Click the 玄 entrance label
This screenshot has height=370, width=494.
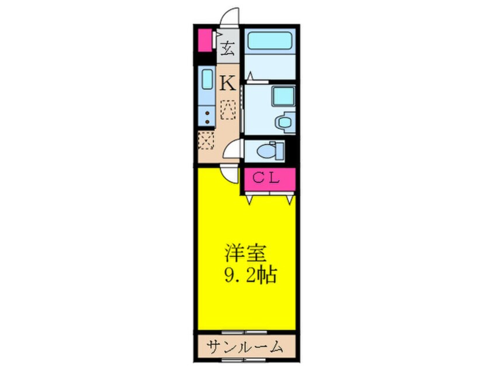[x=228, y=49]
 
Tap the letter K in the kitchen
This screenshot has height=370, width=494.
[x=228, y=83]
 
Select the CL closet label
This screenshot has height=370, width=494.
[x=266, y=178]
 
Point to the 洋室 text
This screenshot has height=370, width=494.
[x=246, y=253]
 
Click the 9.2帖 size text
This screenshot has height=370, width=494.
[x=251, y=275]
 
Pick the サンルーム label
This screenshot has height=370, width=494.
[x=245, y=347]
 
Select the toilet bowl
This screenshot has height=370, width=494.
[x=266, y=151]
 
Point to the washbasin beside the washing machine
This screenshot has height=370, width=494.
[x=285, y=122]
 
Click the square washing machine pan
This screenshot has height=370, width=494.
[x=283, y=96]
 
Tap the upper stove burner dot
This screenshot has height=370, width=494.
[x=207, y=113]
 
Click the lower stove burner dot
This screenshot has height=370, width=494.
[x=207, y=121]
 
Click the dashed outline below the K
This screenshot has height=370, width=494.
[x=228, y=110]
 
